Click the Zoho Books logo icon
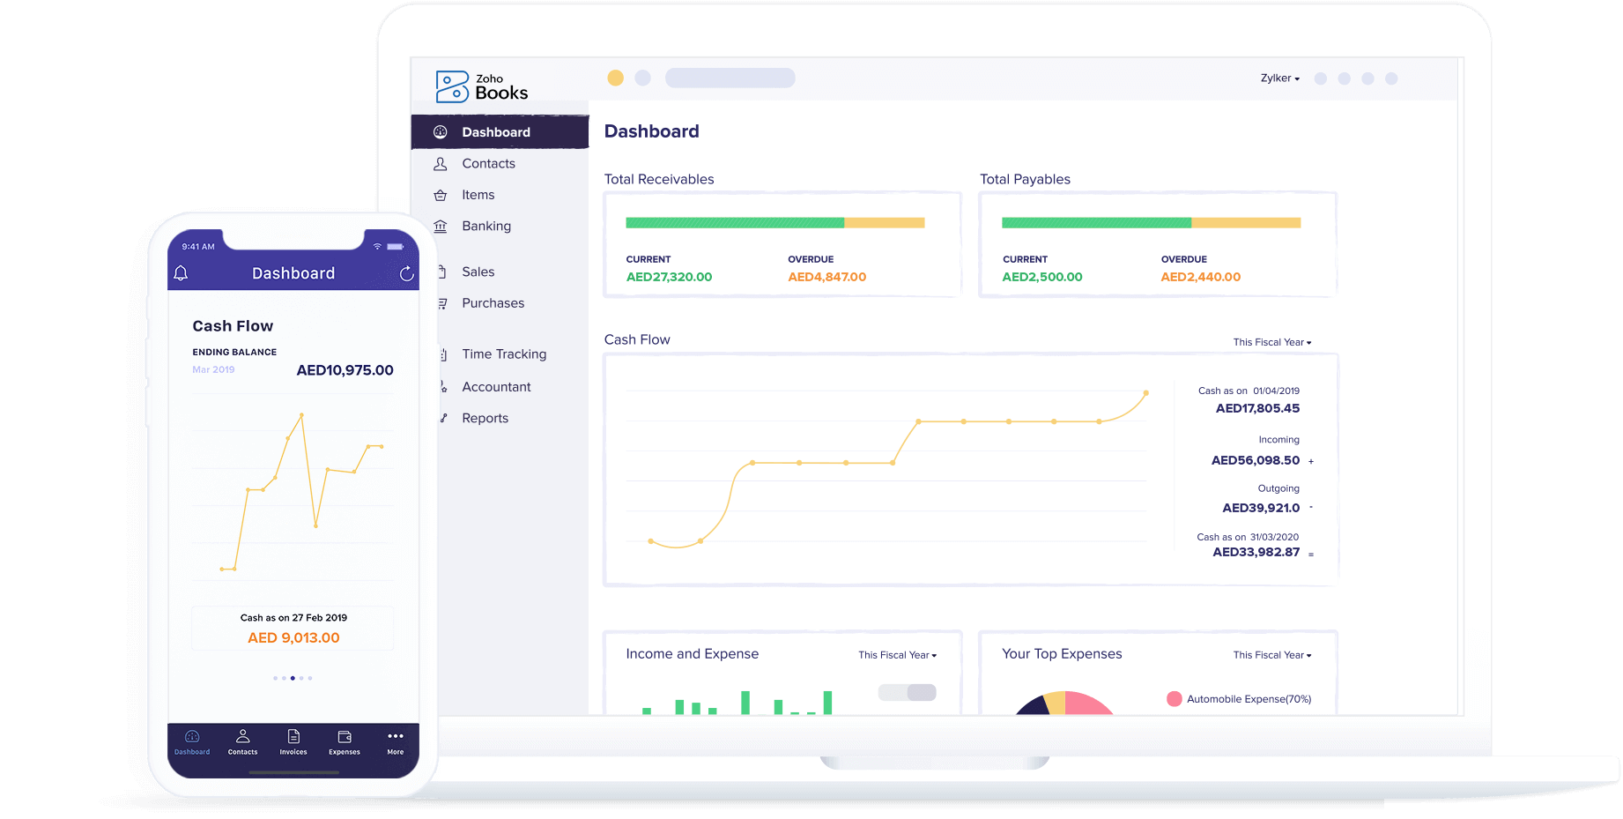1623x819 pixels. coord(452,86)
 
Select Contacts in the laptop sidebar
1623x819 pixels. coord(488,164)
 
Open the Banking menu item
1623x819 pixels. coord(485,227)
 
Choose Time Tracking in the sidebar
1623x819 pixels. coord(503,354)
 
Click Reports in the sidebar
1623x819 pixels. coord(485,419)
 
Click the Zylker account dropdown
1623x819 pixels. coord(1279,78)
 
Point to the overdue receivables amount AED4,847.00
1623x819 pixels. coord(826,277)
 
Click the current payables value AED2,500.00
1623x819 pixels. coord(1041,277)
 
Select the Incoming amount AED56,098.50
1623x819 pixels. coord(1255,460)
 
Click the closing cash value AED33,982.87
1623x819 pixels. coord(1256,553)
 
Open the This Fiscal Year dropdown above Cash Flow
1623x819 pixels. coord(1271,342)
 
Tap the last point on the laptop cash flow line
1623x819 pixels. coord(1145,393)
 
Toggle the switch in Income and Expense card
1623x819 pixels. coord(908,693)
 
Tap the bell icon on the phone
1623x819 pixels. coord(181,273)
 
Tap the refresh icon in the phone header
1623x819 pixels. coord(406,274)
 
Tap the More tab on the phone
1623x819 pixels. coord(396,742)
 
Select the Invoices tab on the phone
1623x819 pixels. coord(293,742)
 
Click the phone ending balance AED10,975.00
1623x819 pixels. coord(345,370)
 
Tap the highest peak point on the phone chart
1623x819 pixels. coord(301,414)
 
